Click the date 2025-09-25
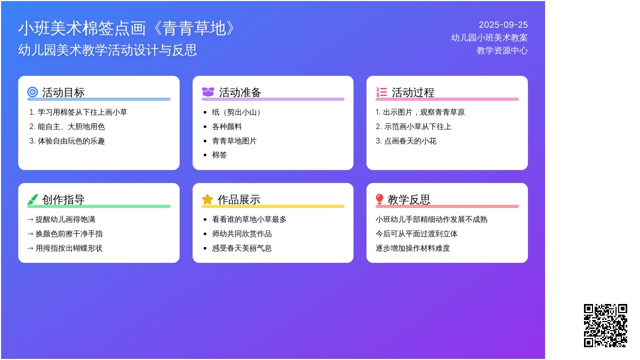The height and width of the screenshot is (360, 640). (x=503, y=25)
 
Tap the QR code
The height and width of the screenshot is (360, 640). (x=605, y=325)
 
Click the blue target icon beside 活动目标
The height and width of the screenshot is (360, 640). (x=33, y=92)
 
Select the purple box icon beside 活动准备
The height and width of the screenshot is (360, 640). (x=207, y=92)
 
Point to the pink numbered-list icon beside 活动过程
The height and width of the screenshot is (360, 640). (x=381, y=92)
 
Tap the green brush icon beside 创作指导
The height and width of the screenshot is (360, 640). (x=33, y=199)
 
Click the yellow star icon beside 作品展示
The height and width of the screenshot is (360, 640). (x=207, y=199)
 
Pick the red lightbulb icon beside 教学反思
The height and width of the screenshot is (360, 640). (x=379, y=199)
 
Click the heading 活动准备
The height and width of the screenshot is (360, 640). (x=240, y=92)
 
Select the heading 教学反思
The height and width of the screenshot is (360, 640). (x=409, y=199)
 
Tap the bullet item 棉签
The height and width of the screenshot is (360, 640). (x=219, y=155)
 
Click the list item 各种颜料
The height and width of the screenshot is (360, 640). (x=227, y=126)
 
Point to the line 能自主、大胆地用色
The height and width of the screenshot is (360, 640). (x=67, y=126)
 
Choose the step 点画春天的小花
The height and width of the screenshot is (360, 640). (x=406, y=141)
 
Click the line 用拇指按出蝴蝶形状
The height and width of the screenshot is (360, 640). (x=65, y=247)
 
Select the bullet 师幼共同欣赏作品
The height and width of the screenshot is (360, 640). (x=242, y=234)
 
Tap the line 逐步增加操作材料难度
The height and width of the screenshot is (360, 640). (x=413, y=247)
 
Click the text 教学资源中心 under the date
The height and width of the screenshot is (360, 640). (x=502, y=51)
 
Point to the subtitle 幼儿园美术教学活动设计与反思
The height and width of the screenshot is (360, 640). (x=107, y=50)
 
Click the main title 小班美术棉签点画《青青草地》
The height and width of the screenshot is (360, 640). (x=126, y=28)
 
